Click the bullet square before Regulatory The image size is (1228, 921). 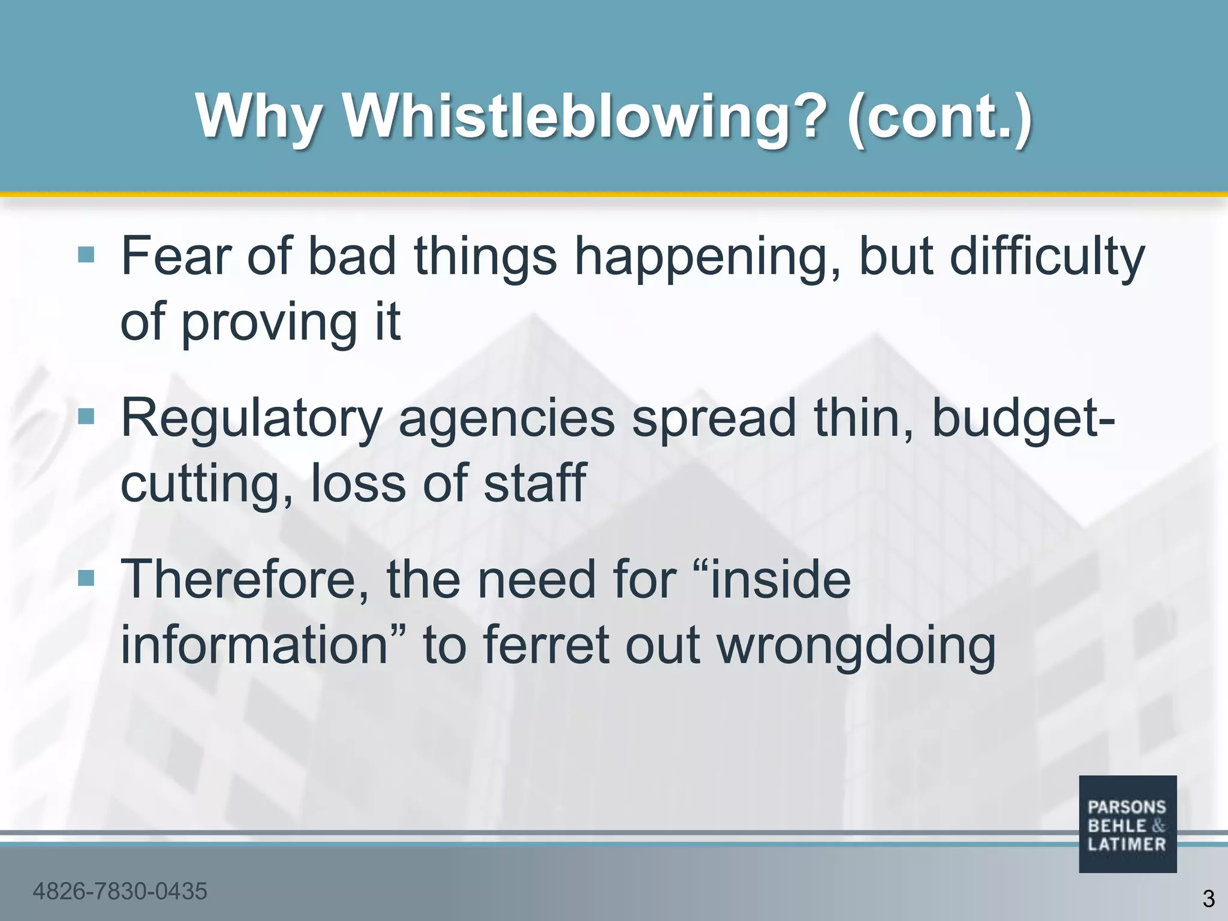point(86,416)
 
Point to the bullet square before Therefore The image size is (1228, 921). point(86,578)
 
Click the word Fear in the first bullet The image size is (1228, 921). point(177,256)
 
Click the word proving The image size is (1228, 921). point(269,323)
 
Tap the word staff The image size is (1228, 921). point(535,483)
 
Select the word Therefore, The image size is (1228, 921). point(245,580)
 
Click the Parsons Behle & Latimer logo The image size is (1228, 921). point(1127,824)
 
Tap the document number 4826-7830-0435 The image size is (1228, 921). point(120,892)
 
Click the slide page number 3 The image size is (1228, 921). point(1208,899)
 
